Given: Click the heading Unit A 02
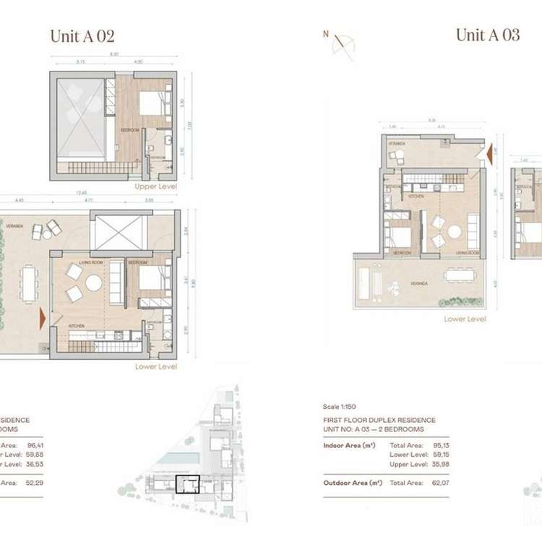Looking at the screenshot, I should [x=82, y=36].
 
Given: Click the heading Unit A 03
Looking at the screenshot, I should [x=487, y=35].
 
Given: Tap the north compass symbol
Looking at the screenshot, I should [x=340, y=43].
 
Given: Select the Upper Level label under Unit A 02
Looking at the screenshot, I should [x=155, y=186].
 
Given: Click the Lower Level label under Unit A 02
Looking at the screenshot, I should [x=155, y=366].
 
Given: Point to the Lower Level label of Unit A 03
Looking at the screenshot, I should [x=465, y=319].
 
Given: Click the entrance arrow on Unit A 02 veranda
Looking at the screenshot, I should [x=43, y=317].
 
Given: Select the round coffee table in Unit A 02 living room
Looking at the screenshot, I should [x=94, y=283].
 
